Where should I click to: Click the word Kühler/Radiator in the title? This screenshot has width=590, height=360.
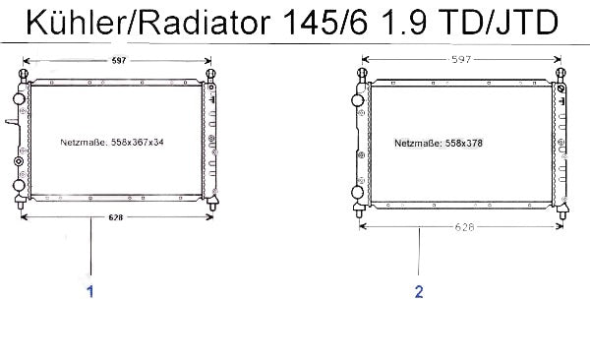[147, 23]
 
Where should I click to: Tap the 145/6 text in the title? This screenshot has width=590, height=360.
[324, 23]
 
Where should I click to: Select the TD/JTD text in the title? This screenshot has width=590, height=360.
[499, 23]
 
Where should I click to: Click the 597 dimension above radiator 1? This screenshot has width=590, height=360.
[119, 60]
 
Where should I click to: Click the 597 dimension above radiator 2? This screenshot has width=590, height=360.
[461, 59]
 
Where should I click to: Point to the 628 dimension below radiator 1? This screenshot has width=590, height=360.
[115, 217]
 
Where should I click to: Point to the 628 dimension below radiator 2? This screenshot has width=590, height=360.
[465, 227]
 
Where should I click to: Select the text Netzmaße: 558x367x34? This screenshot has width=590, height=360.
[112, 143]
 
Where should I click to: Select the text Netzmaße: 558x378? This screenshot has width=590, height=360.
[439, 143]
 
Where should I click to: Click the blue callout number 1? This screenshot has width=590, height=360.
[90, 291]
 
